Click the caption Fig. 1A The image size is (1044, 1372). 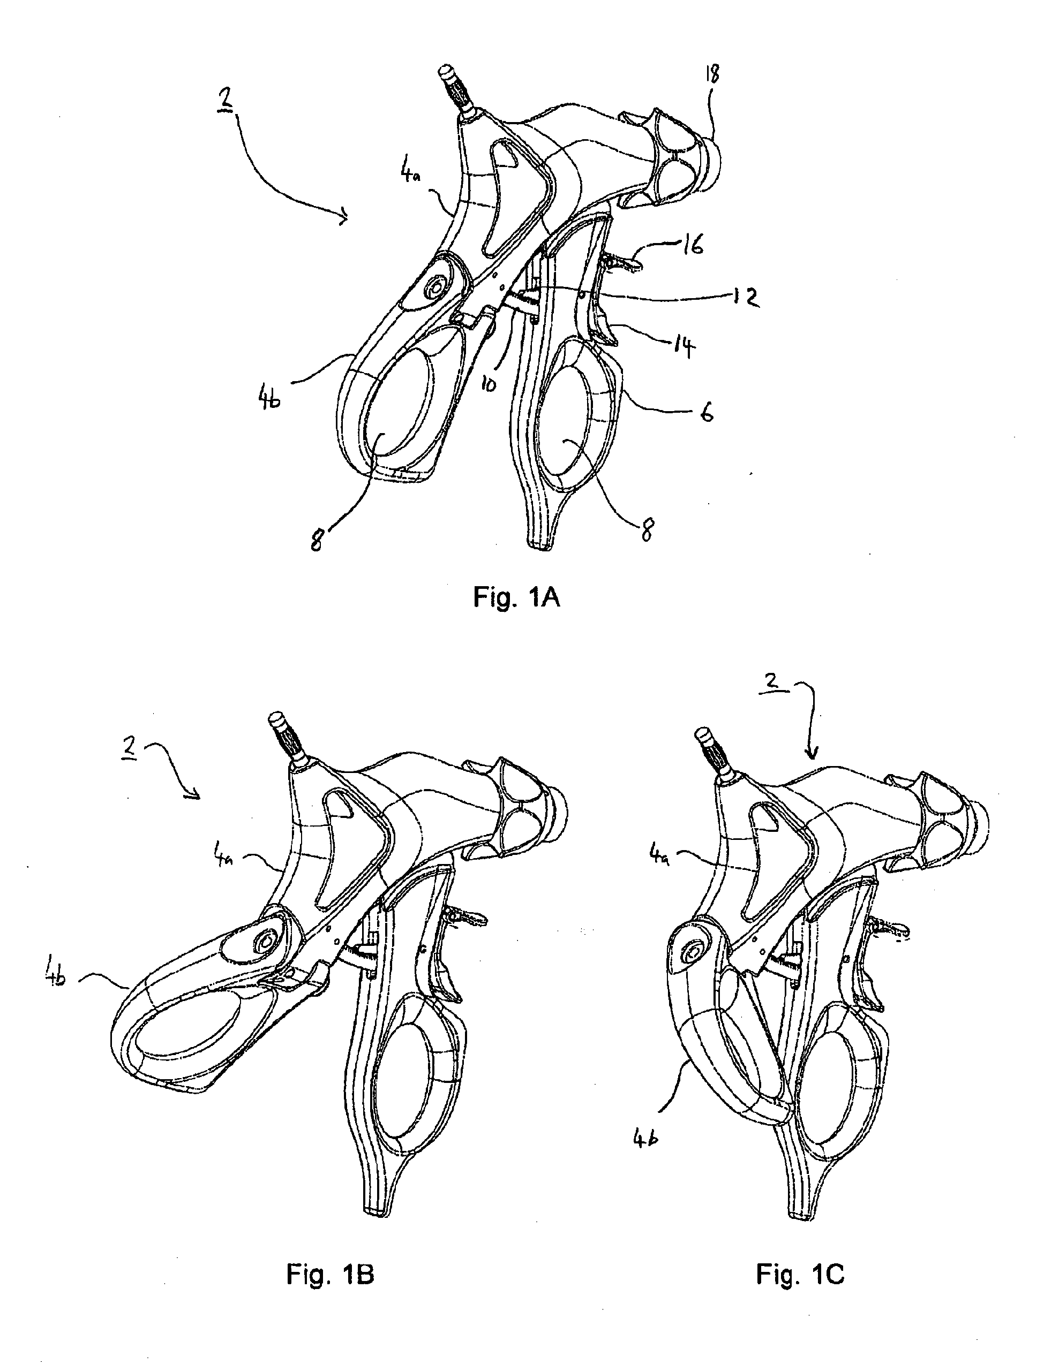(x=516, y=598)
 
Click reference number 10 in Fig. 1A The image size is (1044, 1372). (x=489, y=384)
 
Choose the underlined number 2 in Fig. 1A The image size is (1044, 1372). (x=222, y=102)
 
